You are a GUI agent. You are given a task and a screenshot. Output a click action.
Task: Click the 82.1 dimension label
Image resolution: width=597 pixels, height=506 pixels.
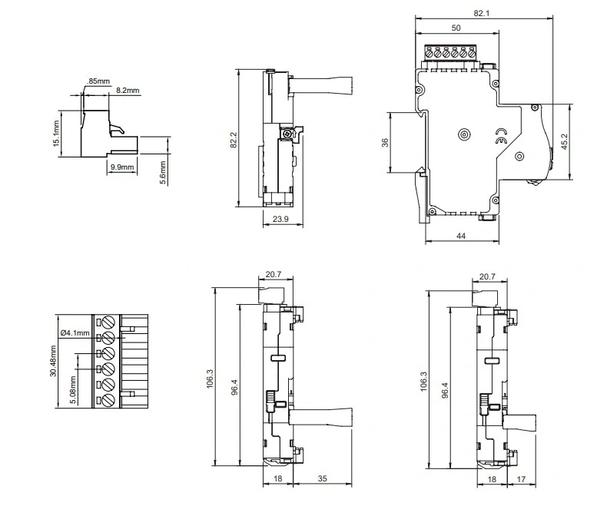[x=481, y=13]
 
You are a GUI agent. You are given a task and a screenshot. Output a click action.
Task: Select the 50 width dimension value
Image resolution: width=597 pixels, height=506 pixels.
[x=456, y=28]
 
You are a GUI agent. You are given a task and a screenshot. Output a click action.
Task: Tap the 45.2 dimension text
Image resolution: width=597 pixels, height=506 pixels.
[x=564, y=141]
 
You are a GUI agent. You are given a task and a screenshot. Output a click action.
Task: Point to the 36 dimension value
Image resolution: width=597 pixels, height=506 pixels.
[x=385, y=142]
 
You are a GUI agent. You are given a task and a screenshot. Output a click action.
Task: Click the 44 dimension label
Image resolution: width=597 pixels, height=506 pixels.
[x=461, y=236]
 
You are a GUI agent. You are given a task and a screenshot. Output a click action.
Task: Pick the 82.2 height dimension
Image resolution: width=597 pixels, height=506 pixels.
[x=234, y=140]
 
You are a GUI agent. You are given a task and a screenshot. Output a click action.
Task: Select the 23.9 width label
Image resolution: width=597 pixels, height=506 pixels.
[x=280, y=219]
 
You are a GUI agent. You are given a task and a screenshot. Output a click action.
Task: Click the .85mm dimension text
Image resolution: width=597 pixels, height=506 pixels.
[x=98, y=81]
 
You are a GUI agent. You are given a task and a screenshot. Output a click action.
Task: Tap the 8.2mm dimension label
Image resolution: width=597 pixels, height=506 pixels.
[x=128, y=91]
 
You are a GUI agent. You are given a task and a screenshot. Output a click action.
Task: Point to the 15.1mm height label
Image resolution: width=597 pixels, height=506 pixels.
[x=56, y=133]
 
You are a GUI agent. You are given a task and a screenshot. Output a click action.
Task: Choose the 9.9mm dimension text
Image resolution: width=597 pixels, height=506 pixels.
[x=122, y=167]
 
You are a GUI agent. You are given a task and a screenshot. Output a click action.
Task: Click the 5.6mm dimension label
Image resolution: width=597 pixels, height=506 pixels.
[x=163, y=173]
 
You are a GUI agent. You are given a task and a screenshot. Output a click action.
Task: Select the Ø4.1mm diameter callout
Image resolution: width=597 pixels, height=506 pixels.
[x=75, y=333]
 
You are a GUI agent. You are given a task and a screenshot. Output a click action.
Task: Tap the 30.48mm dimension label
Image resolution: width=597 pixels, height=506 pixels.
[x=53, y=361]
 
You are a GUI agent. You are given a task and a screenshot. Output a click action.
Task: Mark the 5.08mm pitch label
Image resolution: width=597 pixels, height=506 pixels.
[x=73, y=390]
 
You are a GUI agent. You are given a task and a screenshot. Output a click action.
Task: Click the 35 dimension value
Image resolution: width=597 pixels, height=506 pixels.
[x=322, y=478]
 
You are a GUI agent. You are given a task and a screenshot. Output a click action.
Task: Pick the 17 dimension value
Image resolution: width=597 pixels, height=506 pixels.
[x=521, y=479]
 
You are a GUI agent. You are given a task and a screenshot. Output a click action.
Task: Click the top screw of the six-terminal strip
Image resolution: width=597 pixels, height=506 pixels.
[x=109, y=322]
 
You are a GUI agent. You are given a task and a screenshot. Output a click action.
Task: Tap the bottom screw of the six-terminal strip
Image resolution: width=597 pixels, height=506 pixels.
[x=109, y=400]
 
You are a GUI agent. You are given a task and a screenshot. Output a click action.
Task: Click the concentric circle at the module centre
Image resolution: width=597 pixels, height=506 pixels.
[x=464, y=134]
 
